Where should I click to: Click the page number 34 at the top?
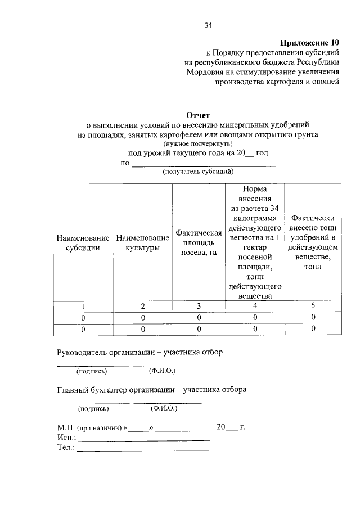(x=208, y=25)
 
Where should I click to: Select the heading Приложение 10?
(x=310, y=42)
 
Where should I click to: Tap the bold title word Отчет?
(x=197, y=115)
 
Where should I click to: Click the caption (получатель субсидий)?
(x=198, y=172)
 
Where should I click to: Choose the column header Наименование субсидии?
(x=83, y=243)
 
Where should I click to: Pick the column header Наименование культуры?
(x=143, y=243)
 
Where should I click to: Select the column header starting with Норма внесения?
(x=255, y=242)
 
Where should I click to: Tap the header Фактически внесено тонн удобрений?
(x=313, y=242)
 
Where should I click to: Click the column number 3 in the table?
(x=198, y=307)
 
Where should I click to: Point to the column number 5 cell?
(x=313, y=307)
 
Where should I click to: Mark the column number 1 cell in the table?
(x=83, y=307)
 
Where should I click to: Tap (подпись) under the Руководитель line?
(x=92, y=371)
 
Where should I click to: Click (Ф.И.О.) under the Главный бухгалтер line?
(x=165, y=408)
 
